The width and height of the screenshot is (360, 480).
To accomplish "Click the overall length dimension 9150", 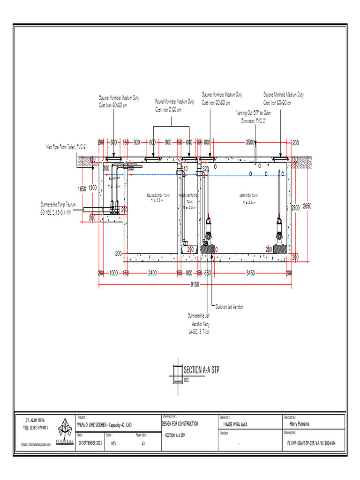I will click(195, 284).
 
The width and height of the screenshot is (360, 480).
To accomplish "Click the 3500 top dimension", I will click(250, 142).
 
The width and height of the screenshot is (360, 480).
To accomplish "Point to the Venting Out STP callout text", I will click(253, 117).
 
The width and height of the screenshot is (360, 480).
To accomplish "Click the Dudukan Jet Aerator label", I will click(229, 307).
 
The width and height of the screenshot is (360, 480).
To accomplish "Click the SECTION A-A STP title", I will click(201, 370).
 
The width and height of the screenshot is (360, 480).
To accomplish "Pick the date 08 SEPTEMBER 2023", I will click(90, 443).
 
